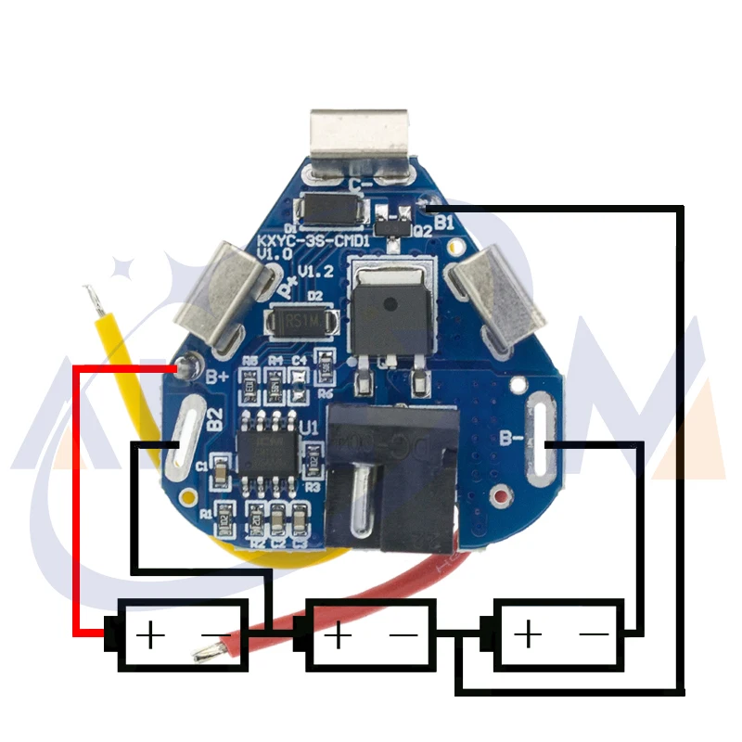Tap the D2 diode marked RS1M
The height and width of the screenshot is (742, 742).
[297, 322]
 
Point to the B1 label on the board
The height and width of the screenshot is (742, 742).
[444, 223]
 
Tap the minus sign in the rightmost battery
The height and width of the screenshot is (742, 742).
[594, 635]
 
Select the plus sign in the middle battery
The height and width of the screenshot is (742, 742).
[339, 635]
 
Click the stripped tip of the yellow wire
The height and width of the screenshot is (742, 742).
[91, 298]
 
